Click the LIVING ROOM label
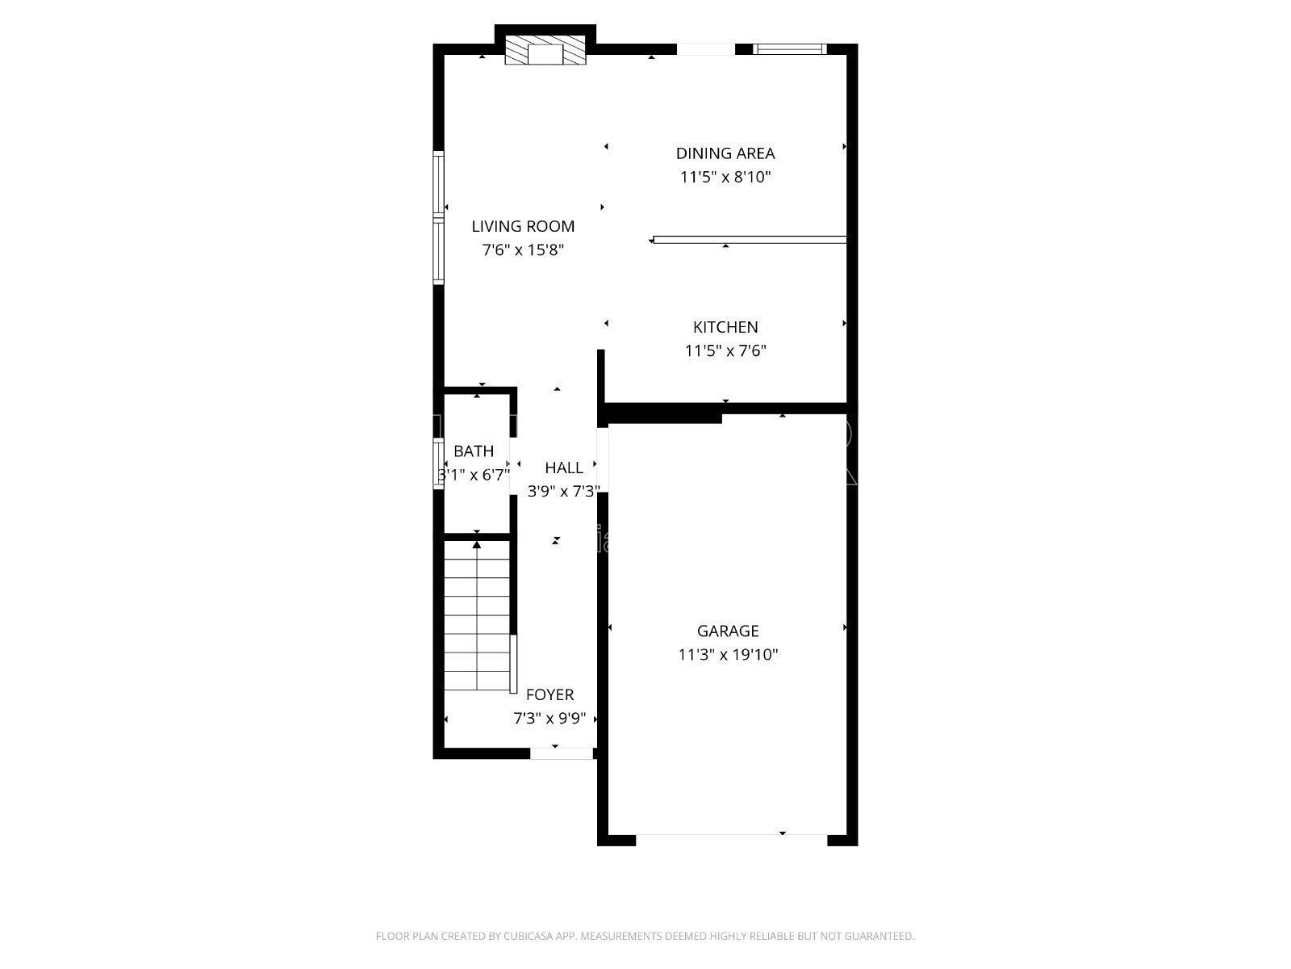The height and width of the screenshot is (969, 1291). pos(523,227)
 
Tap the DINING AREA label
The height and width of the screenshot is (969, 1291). pos(725,153)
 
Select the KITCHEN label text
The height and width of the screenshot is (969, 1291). pos(725,327)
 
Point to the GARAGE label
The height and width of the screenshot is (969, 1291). pos(728,631)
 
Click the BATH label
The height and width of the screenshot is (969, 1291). pos(474,451)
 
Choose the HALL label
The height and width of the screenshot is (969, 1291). pos(563,468)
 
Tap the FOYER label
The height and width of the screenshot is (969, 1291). pos(549,694)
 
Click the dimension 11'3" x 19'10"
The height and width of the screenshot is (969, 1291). pos(728,655)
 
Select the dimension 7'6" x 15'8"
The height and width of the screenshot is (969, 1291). pos(523,250)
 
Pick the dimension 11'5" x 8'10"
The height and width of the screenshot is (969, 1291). pos(725,177)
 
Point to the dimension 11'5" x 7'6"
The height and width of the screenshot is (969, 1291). pos(725,351)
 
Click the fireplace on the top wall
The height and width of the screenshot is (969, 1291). pos(545,54)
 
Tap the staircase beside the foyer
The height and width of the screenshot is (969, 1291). pos(477,618)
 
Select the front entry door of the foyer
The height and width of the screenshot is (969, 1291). pos(562,753)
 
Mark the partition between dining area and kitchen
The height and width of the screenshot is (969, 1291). pos(750,239)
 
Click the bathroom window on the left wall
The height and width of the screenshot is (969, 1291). pos(439,463)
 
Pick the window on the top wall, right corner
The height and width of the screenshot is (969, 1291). pos(790,49)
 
